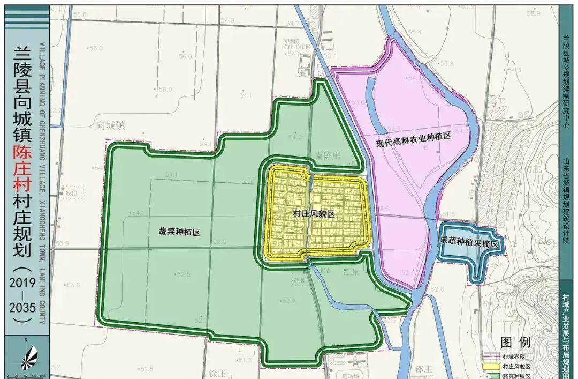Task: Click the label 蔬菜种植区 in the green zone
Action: [179, 232]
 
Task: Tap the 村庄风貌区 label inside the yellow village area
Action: [314, 214]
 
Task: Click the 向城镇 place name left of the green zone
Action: [110, 125]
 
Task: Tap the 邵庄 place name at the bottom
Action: [423, 369]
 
